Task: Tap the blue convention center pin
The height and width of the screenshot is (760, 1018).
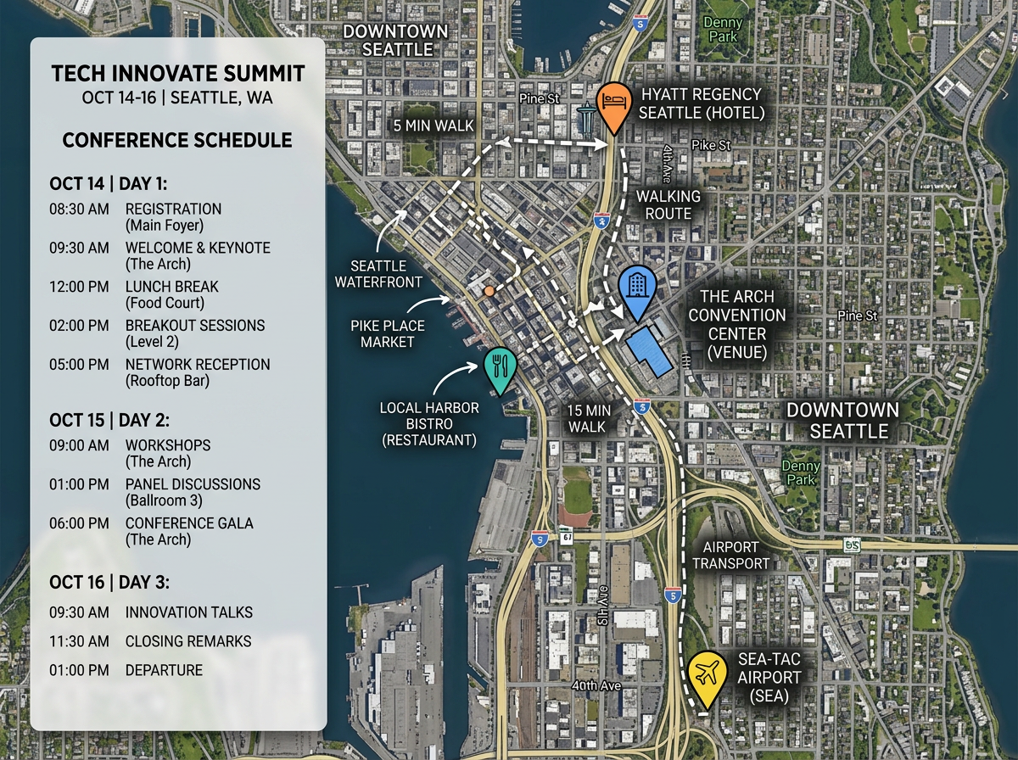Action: click(636, 287)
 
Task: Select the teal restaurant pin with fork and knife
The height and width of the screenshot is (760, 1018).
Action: click(499, 366)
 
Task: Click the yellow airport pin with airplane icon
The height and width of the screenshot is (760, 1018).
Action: click(707, 674)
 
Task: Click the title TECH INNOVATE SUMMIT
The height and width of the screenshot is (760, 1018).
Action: click(178, 73)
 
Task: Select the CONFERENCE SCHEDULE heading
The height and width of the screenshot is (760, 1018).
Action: click(177, 140)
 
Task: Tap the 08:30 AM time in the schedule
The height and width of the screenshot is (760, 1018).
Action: click(79, 209)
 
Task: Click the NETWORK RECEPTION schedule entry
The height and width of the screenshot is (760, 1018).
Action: click(198, 365)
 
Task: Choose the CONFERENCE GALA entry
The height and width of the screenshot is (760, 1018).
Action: click(189, 523)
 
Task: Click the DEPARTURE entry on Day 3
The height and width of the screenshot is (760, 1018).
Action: click(164, 670)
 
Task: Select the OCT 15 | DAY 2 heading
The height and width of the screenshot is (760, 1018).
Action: click(109, 420)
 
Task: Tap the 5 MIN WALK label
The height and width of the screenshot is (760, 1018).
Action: click(433, 126)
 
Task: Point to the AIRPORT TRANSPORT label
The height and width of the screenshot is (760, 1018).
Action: click(731, 555)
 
